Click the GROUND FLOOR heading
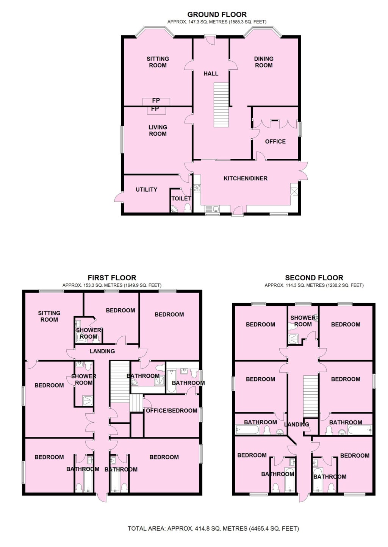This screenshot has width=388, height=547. pyautogui.click(x=217, y=15)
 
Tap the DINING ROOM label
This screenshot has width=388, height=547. pyautogui.click(x=264, y=62)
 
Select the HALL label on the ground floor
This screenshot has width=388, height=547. pyautogui.click(x=211, y=73)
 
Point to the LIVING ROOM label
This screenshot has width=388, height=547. pyautogui.click(x=158, y=130)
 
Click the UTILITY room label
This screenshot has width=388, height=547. pyautogui.click(x=146, y=189)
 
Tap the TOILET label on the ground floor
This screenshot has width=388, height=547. pyautogui.click(x=181, y=198)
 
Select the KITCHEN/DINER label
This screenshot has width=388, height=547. pyautogui.click(x=246, y=178)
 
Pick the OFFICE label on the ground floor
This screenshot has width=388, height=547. pyautogui.click(x=275, y=141)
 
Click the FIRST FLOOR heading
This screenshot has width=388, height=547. pyautogui.click(x=112, y=278)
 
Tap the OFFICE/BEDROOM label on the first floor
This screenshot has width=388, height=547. pyautogui.click(x=171, y=411)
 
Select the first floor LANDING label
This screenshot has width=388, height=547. pyautogui.click(x=102, y=351)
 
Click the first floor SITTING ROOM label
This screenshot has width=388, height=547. pyautogui.click(x=49, y=316)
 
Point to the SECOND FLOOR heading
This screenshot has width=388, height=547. pyautogui.click(x=314, y=278)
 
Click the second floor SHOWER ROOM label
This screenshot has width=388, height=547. pyautogui.click(x=303, y=321)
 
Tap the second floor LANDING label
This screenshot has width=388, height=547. pyautogui.click(x=297, y=424)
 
